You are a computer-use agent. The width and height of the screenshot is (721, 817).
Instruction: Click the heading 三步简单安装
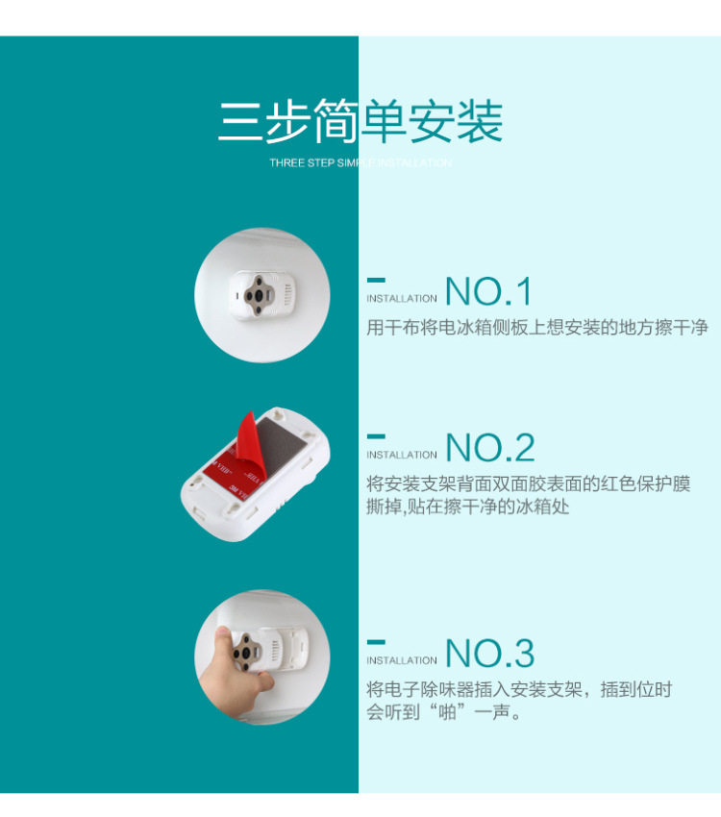tap(360, 122)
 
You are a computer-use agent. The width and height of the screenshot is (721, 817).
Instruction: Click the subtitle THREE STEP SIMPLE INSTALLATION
tap(360, 163)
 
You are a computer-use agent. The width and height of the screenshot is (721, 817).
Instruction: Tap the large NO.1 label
tap(488, 291)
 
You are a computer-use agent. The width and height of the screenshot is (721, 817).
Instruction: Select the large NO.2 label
tap(490, 448)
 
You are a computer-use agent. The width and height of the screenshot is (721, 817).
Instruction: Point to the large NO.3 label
tap(490, 654)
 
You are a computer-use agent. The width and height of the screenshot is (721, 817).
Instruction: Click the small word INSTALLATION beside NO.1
tap(402, 299)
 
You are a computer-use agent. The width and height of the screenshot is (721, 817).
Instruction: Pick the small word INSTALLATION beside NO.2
tap(402, 456)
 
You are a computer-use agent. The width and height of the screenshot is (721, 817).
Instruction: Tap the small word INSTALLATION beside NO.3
tap(402, 661)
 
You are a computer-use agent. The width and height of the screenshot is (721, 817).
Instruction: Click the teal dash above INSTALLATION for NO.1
tap(376, 280)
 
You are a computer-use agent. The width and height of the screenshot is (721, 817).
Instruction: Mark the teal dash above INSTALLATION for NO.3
tap(376, 641)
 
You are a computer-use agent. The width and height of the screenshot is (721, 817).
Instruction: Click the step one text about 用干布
tap(537, 328)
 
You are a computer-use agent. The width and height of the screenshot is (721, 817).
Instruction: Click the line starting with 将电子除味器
tap(519, 689)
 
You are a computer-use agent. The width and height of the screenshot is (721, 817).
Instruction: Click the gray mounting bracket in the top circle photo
tap(259, 291)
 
